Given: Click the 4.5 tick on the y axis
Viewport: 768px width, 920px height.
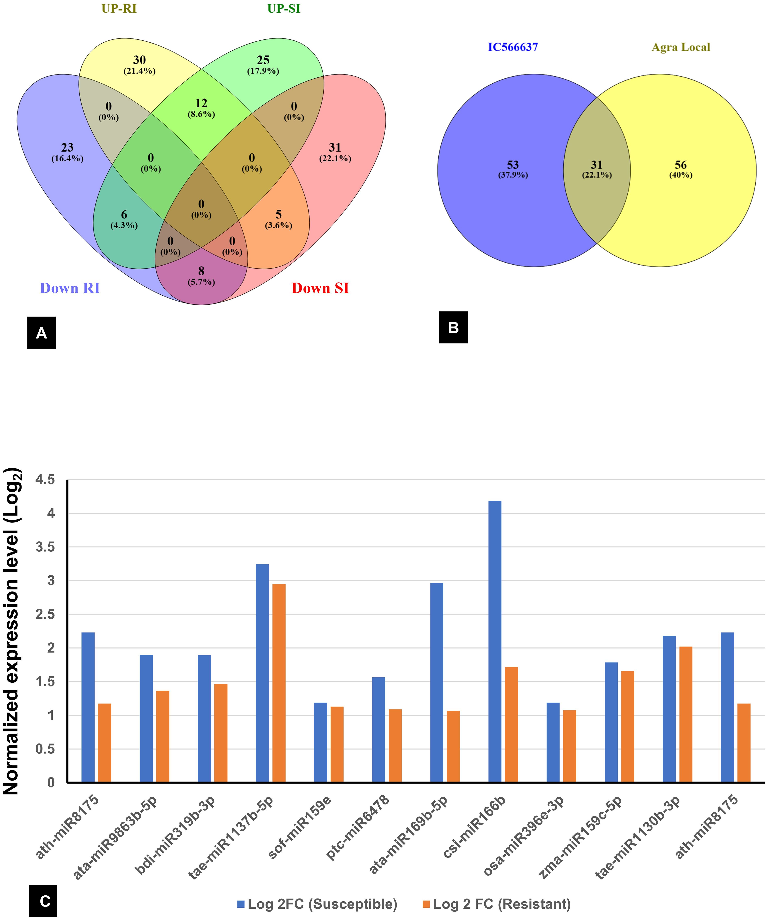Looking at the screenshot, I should tap(45, 480).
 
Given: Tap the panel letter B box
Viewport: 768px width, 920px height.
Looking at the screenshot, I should tap(453, 327).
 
